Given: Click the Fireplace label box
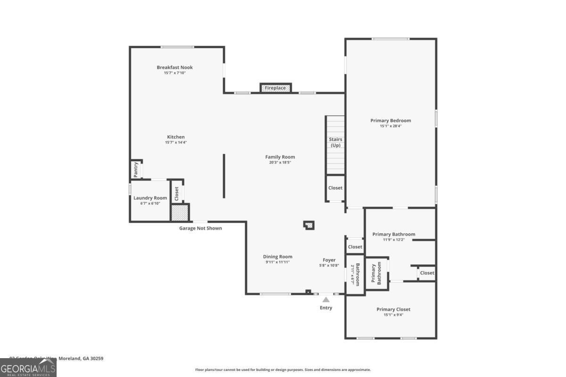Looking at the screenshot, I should (x=275, y=88).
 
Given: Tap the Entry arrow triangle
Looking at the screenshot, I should (x=326, y=299).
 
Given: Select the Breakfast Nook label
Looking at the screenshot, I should (x=175, y=67).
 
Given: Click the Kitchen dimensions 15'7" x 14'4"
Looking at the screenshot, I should (x=175, y=142).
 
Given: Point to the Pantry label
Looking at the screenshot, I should (x=136, y=170).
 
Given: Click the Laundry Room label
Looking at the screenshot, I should (x=150, y=198).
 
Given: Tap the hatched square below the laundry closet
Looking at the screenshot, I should (x=180, y=213).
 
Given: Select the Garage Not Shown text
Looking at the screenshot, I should (x=200, y=229).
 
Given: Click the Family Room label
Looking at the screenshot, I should (x=280, y=157).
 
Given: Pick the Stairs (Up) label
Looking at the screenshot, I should (x=335, y=142).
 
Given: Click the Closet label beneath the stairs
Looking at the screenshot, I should (x=335, y=188).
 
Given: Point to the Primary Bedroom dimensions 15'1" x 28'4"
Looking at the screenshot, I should (x=390, y=126).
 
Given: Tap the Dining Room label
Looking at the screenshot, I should (x=278, y=257).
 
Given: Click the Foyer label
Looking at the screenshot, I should (x=329, y=260).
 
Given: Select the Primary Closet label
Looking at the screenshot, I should (x=393, y=309).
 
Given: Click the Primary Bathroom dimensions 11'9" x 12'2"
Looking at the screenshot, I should (x=394, y=240).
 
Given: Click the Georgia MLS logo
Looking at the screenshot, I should (x=28, y=368).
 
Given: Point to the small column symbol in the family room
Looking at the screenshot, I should (x=309, y=225).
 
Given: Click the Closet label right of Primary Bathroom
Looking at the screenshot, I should (x=427, y=273).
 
